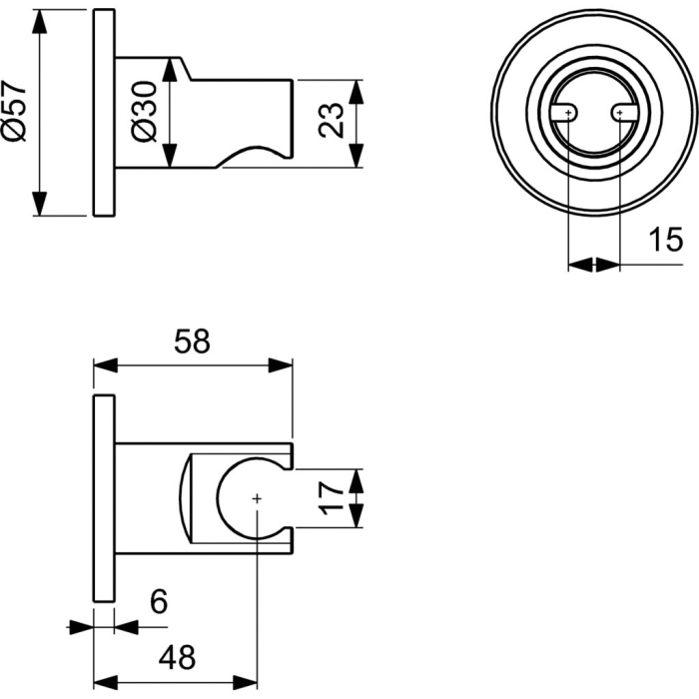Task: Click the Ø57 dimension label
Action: (x=14, y=112)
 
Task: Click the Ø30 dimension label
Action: (x=144, y=112)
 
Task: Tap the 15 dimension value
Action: (x=665, y=240)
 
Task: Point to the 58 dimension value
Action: (x=192, y=342)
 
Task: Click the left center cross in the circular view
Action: (x=567, y=114)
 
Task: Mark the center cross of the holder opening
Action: (x=257, y=496)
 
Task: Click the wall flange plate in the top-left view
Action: (x=104, y=112)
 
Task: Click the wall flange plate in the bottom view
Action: (x=104, y=497)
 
